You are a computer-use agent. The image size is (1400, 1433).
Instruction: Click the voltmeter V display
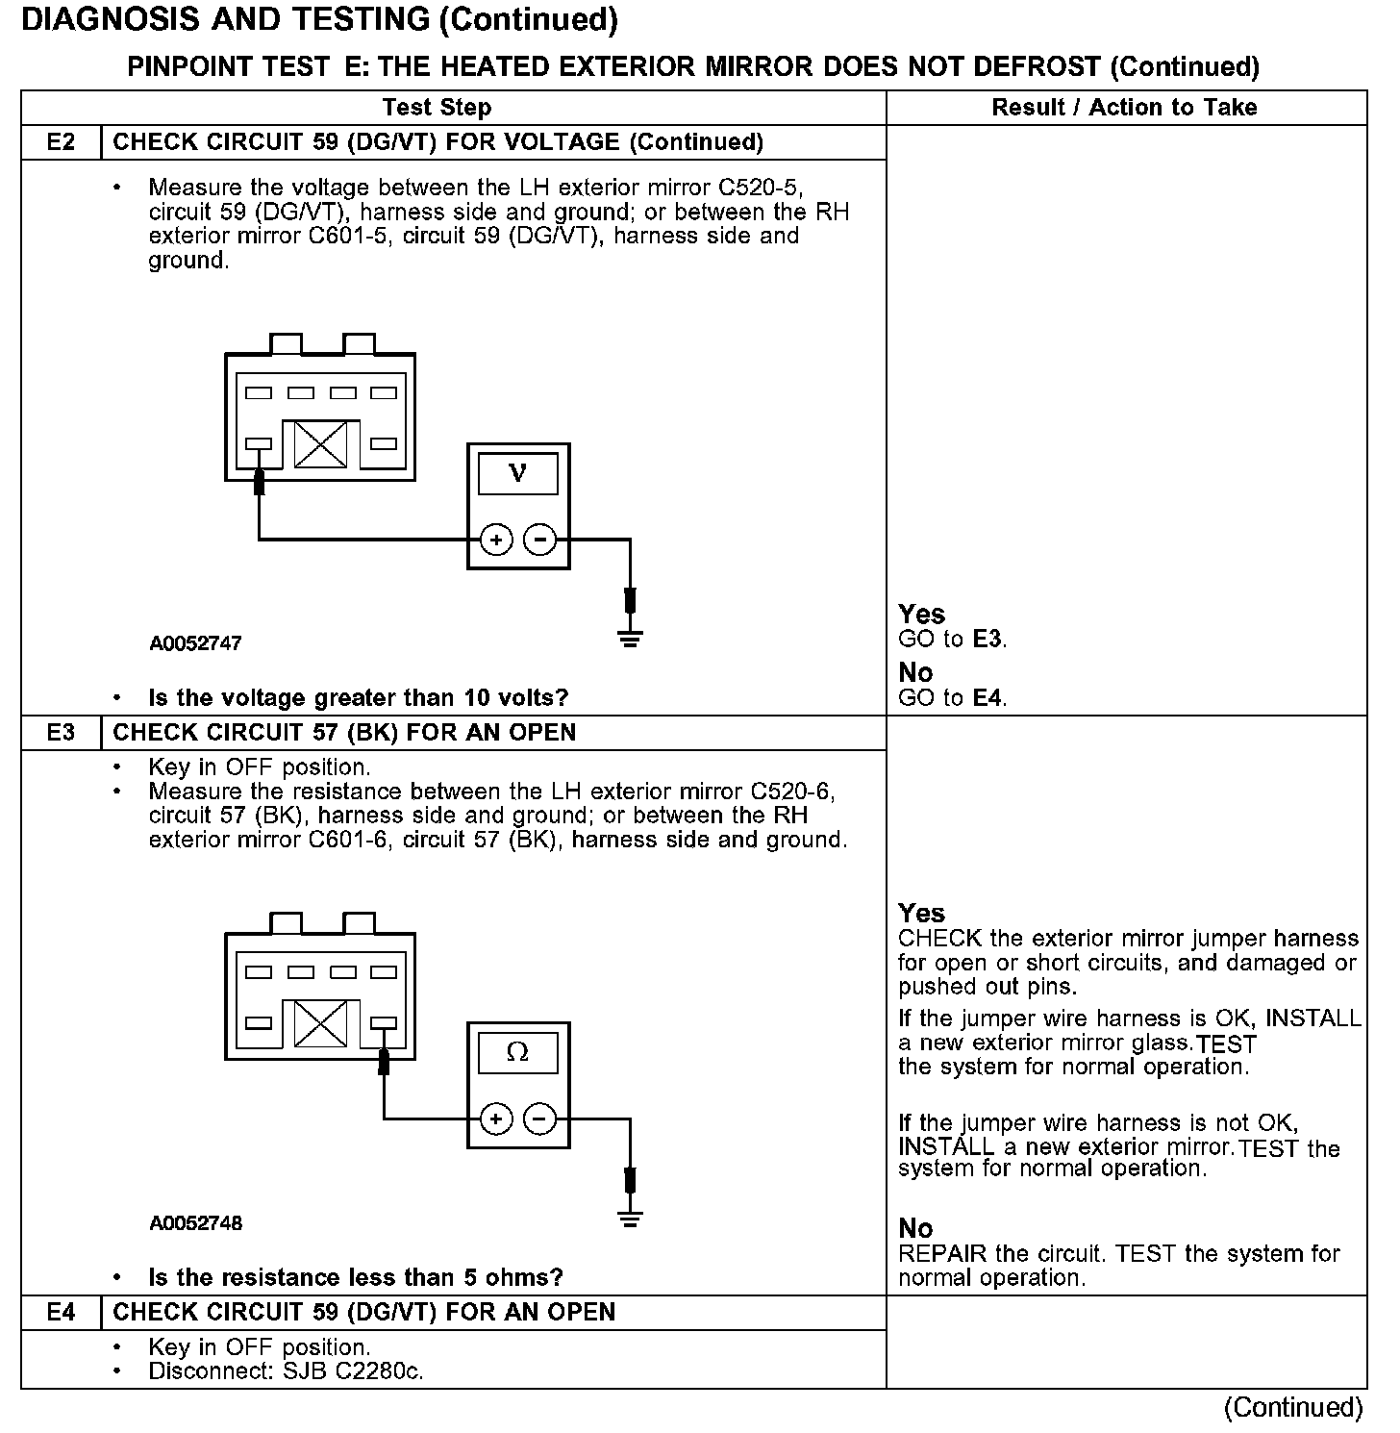[518, 473]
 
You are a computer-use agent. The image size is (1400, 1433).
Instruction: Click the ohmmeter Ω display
[518, 1052]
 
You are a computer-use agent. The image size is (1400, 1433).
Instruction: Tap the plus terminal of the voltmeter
[496, 541]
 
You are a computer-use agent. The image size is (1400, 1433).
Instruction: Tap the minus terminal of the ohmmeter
[539, 1119]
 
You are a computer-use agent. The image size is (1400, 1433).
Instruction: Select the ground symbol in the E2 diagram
[630, 638]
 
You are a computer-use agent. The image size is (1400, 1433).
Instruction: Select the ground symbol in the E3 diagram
[630, 1219]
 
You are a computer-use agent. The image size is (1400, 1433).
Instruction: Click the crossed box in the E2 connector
[320, 444]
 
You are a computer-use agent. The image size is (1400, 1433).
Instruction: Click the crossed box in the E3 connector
[320, 1023]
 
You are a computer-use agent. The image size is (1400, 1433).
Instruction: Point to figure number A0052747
[195, 643]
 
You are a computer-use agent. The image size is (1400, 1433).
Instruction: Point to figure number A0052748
[195, 1223]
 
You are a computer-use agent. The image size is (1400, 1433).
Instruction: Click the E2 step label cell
[61, 142]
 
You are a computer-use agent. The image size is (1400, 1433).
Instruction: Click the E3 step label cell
[61, 733]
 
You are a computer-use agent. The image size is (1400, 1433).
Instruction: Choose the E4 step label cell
[61, 1313]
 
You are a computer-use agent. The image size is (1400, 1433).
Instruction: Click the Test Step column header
[437, 108]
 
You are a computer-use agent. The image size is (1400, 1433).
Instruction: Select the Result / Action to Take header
[1124, 108]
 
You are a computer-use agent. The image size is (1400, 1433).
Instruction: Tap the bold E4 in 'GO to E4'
[988, 698]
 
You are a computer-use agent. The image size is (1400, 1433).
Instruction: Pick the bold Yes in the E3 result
[921, 913]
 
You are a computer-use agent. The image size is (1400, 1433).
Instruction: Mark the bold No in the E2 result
[915, 672]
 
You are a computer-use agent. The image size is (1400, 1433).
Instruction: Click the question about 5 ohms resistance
[355, 1277]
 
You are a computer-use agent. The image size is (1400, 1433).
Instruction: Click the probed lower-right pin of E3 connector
[384, 1023]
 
